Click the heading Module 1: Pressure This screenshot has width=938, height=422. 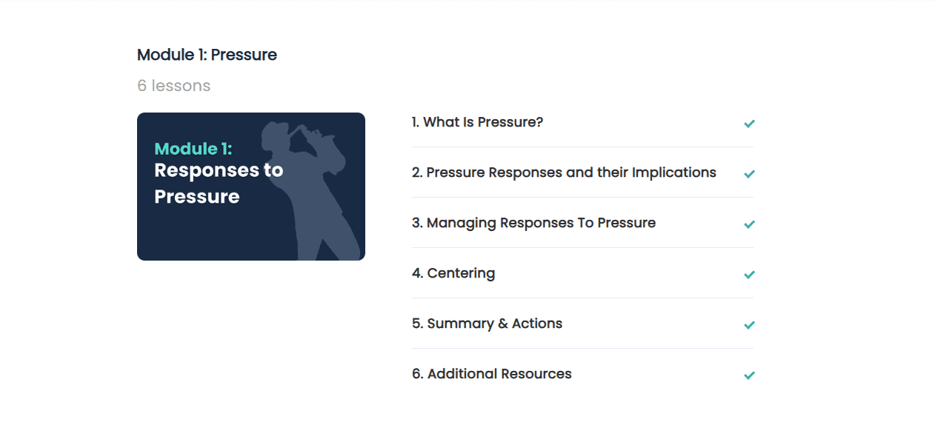tap(207, 55)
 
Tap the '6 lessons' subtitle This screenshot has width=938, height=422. tap(174, 86)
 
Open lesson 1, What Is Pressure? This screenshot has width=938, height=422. tap(477, 122)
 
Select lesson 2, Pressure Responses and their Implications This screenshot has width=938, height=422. tap(564, 173)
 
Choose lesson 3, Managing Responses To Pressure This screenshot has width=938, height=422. tap(533, 224)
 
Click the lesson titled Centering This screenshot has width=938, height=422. tap(453, 273)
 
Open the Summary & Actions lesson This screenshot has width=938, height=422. tap(487, 324)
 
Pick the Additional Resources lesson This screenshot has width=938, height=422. tap(492, 374)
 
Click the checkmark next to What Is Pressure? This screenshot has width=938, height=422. tap(749, 124)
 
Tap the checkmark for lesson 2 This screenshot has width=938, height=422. tap(749, 173)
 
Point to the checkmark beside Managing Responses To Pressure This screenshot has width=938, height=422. tap(749, 224)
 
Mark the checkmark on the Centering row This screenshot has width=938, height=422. tap(749, 275)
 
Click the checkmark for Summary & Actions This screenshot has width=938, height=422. tap(749, 325)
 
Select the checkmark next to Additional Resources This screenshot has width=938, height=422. tap(749, 375)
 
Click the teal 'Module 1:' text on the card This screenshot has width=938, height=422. tap(193, 149)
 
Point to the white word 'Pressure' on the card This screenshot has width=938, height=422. tap(197, 197)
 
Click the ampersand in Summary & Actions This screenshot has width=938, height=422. tap(503, 324)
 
